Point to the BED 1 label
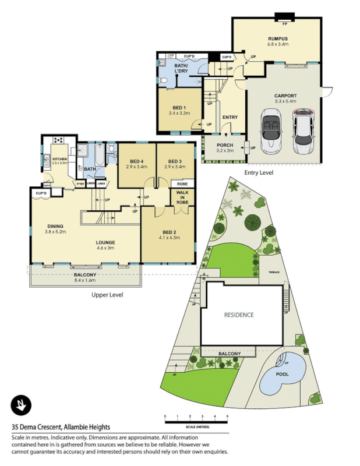(x=179, y=108)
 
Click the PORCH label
(x=225, y=145)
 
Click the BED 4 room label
(x=136, y=161)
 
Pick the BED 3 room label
(x=175, y=161)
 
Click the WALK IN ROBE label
(x=182, y=198)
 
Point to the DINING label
(x=55, y=226)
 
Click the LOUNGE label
(x=105, y=242)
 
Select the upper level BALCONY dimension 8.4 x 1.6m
(x=85, y=280)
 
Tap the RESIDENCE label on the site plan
(x=239, y=315)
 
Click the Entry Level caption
(x=259, y=172)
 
